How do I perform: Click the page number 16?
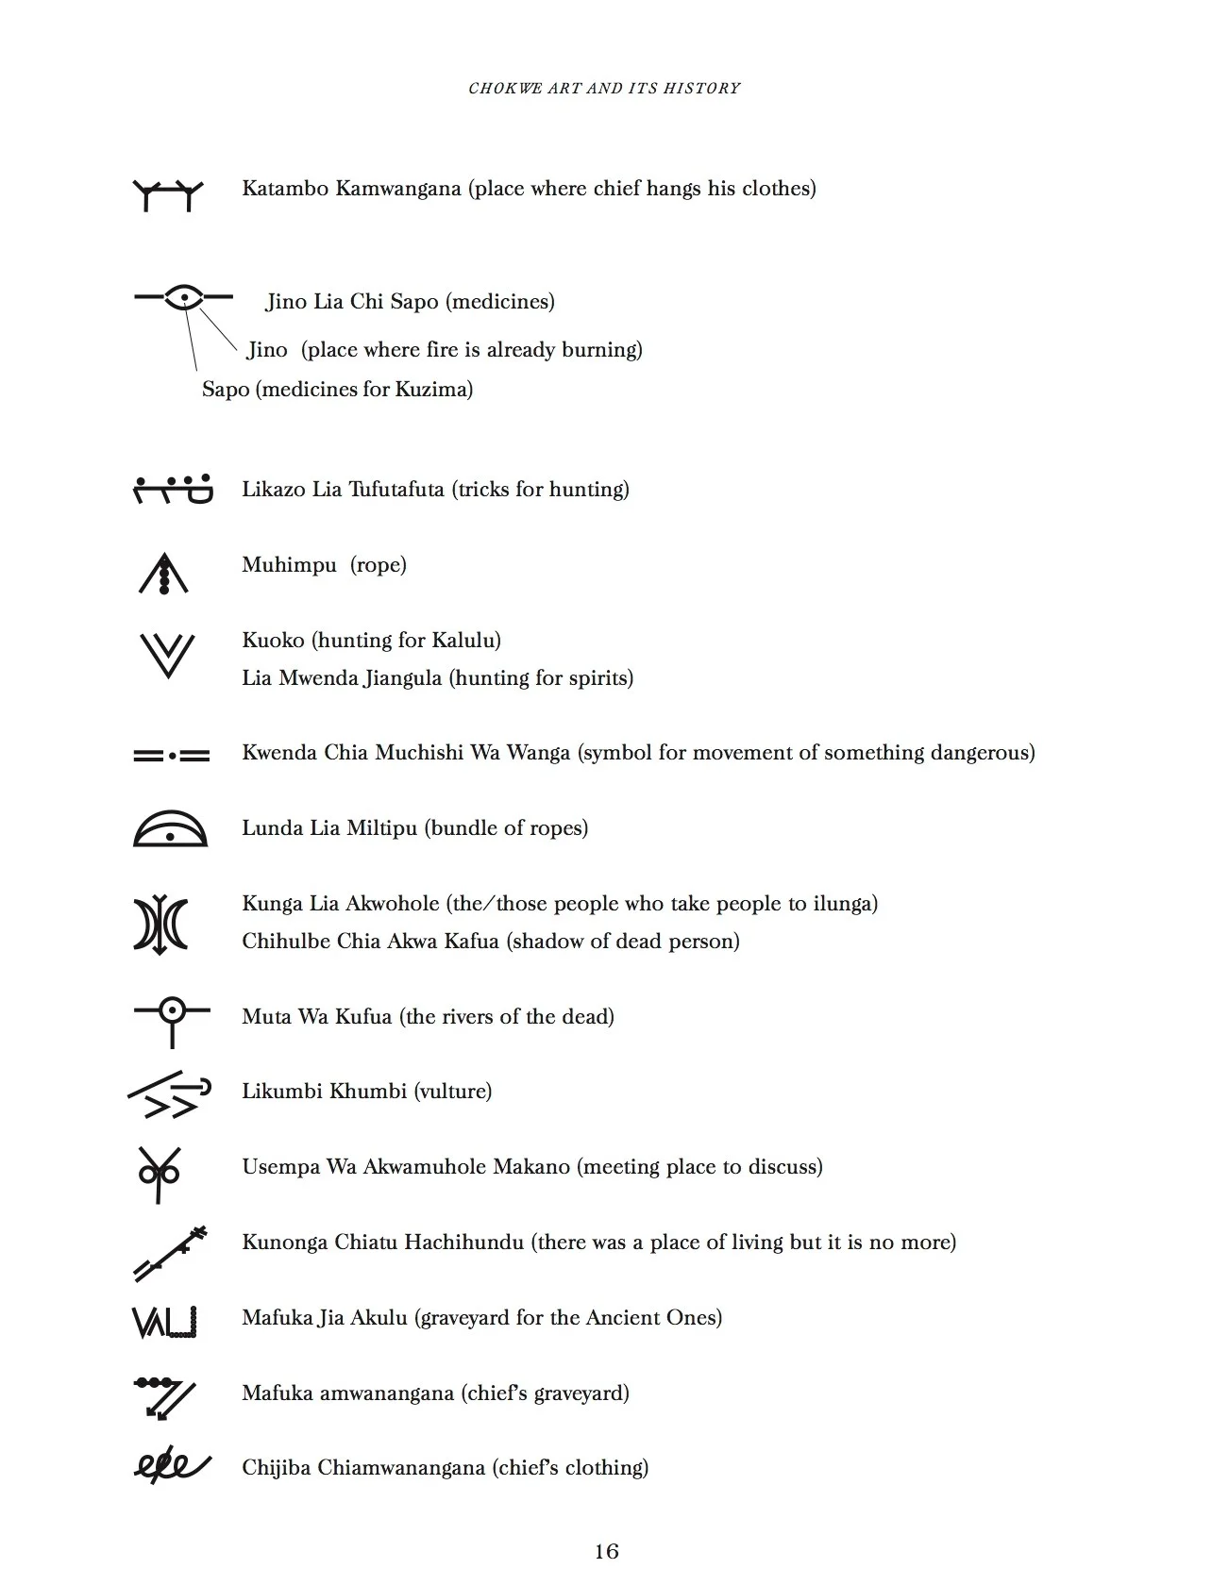pos(606,1551)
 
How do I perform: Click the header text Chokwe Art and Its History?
pos(604,88)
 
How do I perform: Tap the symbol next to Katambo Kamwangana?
pos(168,193)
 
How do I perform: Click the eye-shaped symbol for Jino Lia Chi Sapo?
pos(184,297)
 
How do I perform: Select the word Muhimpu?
pos(289,565)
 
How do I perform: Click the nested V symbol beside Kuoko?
pos(167,655)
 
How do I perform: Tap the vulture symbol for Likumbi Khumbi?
pos(169,1094)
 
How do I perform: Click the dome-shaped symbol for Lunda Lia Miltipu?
pos(170,828)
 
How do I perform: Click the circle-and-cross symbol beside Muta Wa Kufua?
pos(172,1019)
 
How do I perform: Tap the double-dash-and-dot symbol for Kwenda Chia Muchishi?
pos(171,756)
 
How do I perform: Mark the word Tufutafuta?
pos(396,490)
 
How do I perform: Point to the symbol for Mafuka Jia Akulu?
pos(164,1321)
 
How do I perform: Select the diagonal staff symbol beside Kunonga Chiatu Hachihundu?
pos(170,1253)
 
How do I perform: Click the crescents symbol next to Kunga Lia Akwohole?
pos(160,924)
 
